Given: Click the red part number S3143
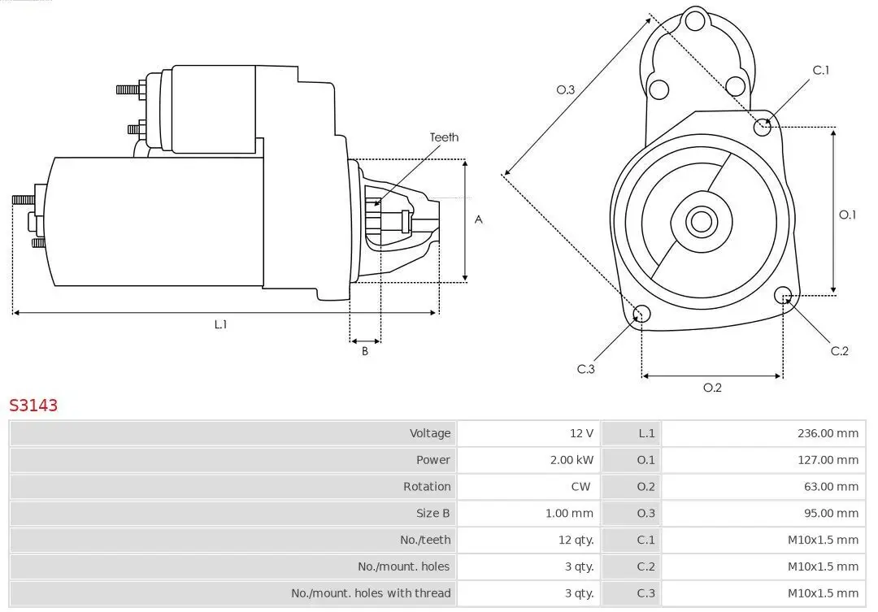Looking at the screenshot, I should [33, 406].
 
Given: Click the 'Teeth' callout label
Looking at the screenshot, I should [444, 137].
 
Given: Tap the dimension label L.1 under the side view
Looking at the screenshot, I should [220, 324].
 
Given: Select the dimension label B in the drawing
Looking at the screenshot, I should [365, 351].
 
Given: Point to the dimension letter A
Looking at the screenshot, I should [479, 219].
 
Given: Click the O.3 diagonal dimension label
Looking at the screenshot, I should [566, 89].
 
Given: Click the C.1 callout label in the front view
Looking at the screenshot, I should [821, 71].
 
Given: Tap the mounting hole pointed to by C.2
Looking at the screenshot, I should [783, 294].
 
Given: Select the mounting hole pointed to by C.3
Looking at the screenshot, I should [641, 315].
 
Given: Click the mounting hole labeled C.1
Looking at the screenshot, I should [763, 126].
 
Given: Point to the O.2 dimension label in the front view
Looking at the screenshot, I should [712, 388].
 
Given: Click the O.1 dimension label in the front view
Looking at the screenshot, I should [848, 215].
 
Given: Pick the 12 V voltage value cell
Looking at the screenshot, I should [581, 433].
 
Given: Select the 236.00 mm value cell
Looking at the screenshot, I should [828, 433].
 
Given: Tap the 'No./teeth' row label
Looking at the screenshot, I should [426, 540].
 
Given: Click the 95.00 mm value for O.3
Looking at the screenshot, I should [831, 514].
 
